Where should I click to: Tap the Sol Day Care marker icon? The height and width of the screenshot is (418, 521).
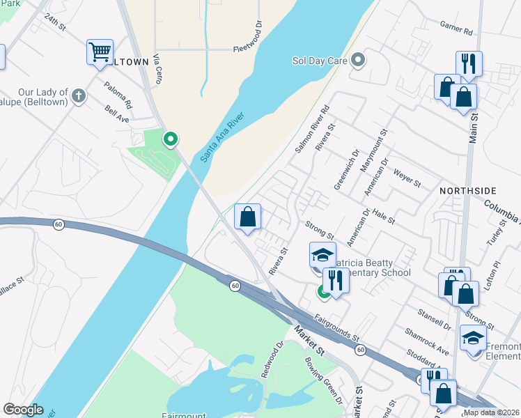[x=359, y=61]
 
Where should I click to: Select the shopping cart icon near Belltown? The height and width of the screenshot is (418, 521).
[x=100, y=52]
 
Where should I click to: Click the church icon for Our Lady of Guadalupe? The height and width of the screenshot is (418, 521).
[x=78, y=95]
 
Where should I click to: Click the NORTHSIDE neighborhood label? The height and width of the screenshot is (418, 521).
[x=468, y=190]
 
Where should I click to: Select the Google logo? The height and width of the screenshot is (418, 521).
[x=23, y=410]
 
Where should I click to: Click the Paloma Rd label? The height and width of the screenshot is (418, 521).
[x=118, y=94]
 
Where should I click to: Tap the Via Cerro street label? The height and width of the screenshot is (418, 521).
[x=158, y=69]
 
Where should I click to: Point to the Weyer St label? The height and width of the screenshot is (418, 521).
[x=407, y=178]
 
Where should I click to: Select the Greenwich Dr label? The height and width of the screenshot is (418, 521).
[x=345, y=164]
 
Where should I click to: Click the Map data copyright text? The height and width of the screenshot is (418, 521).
[x=492, y=412]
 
